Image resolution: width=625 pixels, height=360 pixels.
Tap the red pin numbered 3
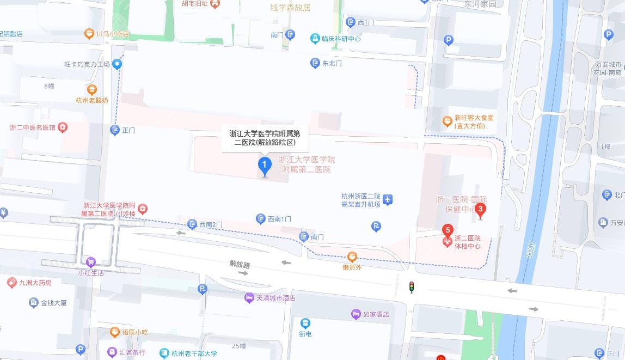480,209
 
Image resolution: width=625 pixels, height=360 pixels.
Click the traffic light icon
412,286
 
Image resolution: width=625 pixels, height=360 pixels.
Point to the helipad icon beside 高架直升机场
388,200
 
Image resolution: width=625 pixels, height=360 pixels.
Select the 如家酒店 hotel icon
356,314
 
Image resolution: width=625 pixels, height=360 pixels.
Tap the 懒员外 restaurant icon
352,257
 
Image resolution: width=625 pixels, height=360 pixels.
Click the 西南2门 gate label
211,224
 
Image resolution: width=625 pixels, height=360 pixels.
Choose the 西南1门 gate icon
261,219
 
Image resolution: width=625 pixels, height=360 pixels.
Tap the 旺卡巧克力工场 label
87,64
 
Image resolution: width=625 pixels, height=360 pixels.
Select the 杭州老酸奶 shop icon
92,90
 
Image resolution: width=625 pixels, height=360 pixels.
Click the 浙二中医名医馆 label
33,127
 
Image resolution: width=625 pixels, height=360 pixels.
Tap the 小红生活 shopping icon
90,262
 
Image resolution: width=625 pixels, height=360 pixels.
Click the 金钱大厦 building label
53,303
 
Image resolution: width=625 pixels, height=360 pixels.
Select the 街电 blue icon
305,324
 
